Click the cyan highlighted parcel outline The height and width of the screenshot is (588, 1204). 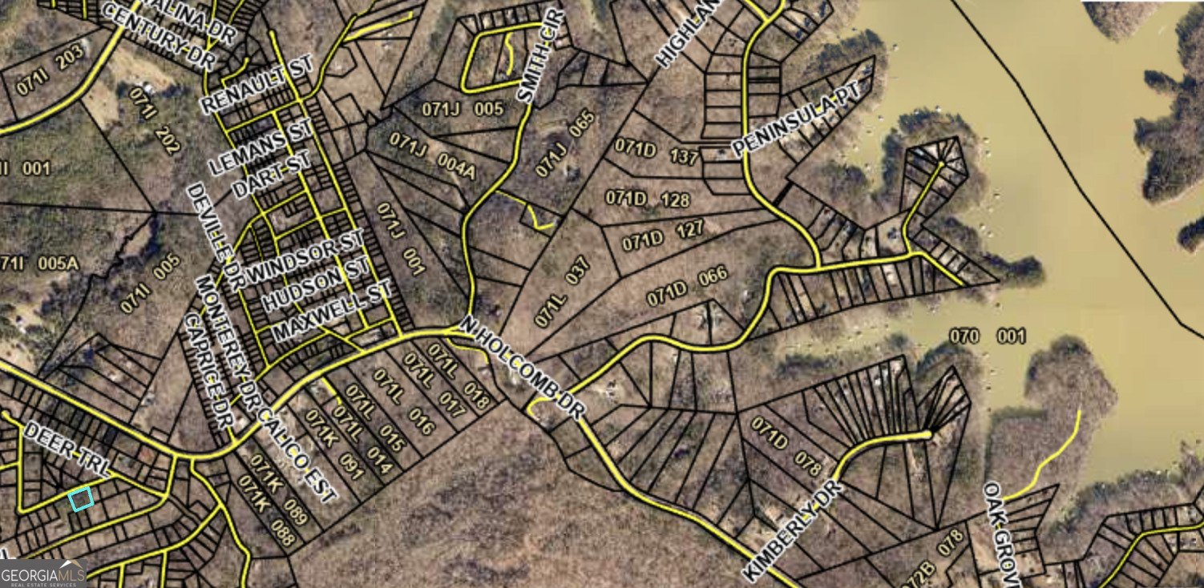(81, 499)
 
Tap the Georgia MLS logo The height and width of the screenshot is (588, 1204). (42, 574)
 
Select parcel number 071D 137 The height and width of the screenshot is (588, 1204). (656, 151)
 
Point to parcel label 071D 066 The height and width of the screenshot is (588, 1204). (688, 285)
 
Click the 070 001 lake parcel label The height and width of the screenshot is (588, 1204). (987, 336)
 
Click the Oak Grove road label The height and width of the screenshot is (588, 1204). (1002, 532)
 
